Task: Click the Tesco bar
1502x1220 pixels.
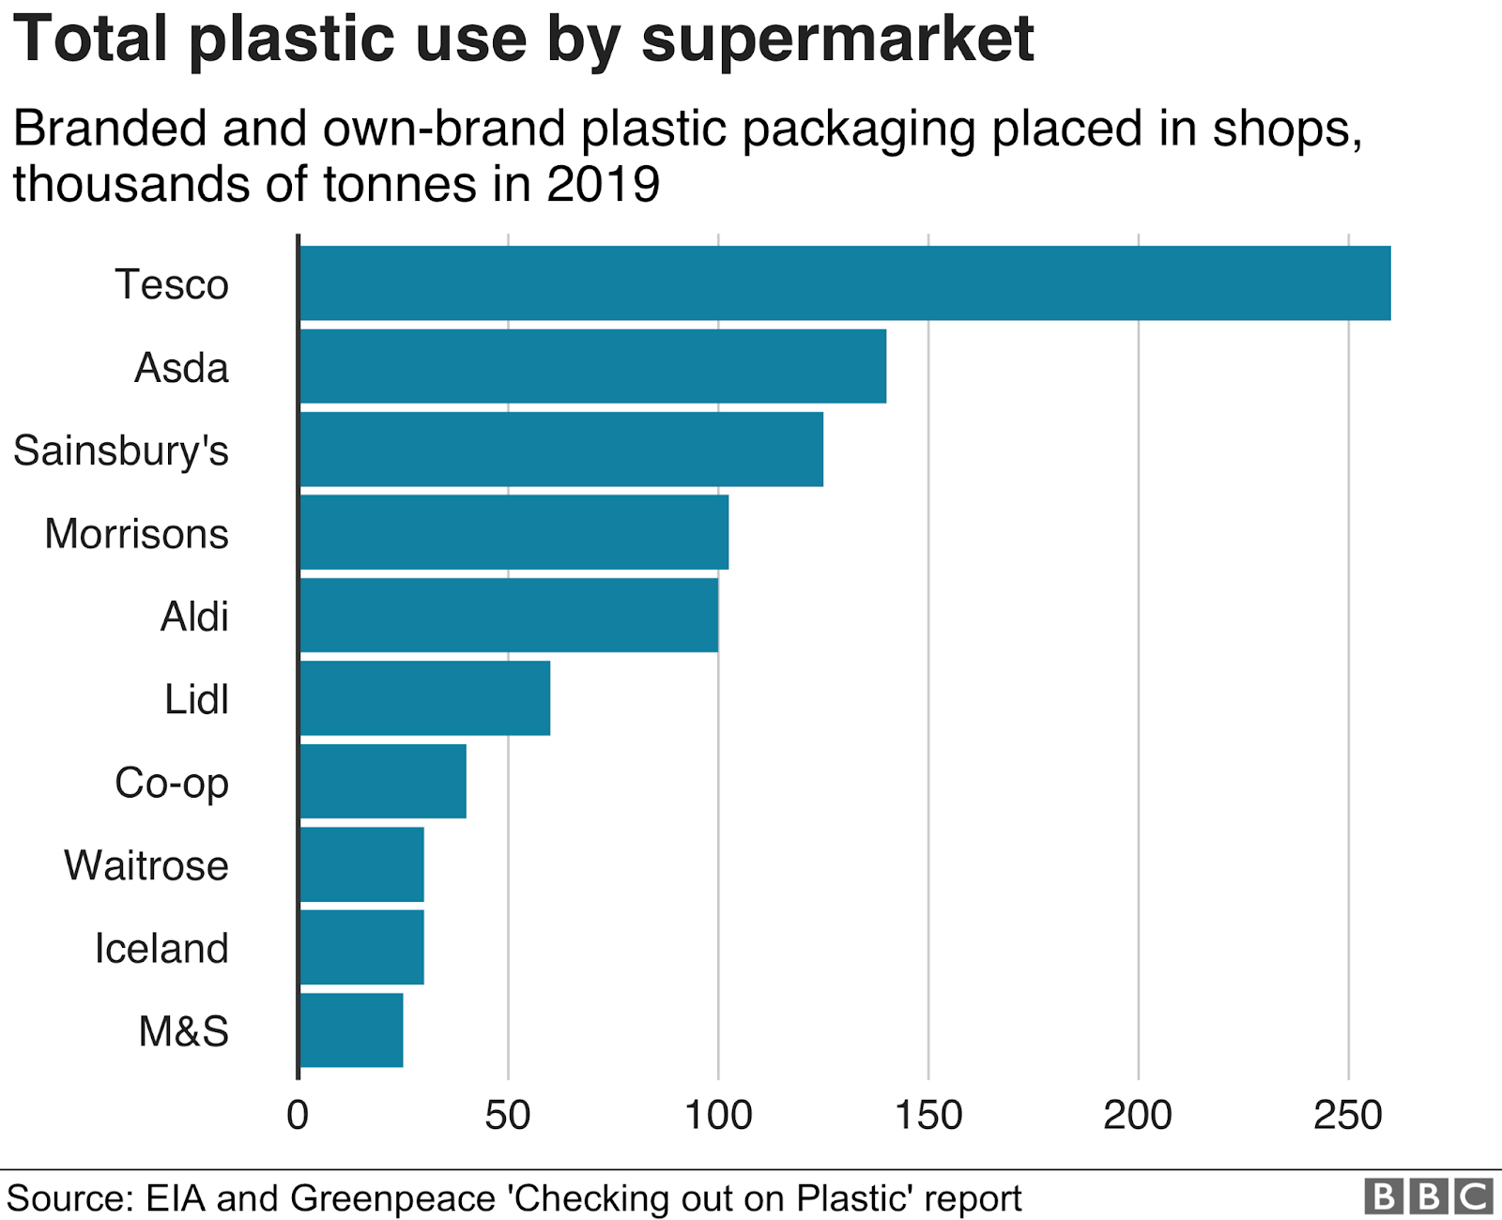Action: tap(845, 283)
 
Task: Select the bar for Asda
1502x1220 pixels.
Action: tap(592, 366)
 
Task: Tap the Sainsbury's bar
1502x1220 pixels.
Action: tap(561, 450)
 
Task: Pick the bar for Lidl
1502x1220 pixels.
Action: tap(424, 698)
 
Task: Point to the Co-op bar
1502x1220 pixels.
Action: tap(383, 781)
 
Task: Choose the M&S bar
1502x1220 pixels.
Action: tap(351, 1030)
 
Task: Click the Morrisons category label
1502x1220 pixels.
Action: tap(137, 534)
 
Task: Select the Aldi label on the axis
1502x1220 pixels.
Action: tap(194, 617)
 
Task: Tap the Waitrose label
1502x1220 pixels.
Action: tap(146, 865)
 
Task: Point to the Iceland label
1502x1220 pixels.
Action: tap(161, 948)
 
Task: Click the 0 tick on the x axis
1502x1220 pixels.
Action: tap(298, 1115)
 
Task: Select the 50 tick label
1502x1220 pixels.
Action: tap(508, 1115)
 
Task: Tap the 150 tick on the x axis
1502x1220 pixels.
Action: tap(927, 1115)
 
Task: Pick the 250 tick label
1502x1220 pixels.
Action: tap(1348, 1115)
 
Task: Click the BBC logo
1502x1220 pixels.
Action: tap(1428, 1197)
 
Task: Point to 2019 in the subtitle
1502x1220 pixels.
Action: tap(604, 184)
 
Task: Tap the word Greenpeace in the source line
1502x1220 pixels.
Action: tap(392, 1198)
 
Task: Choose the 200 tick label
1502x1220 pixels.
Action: tap(1138, 1115)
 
